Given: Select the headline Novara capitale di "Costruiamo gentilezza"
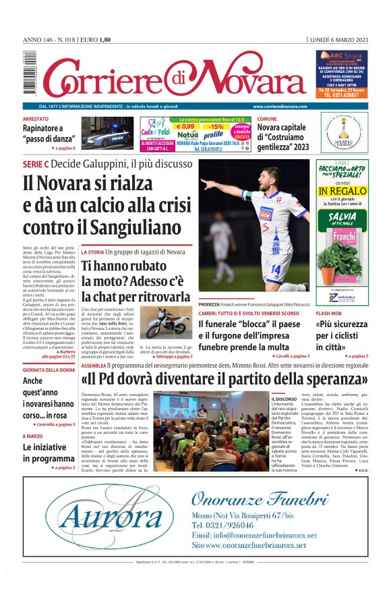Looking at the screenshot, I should (x=283, y=137).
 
